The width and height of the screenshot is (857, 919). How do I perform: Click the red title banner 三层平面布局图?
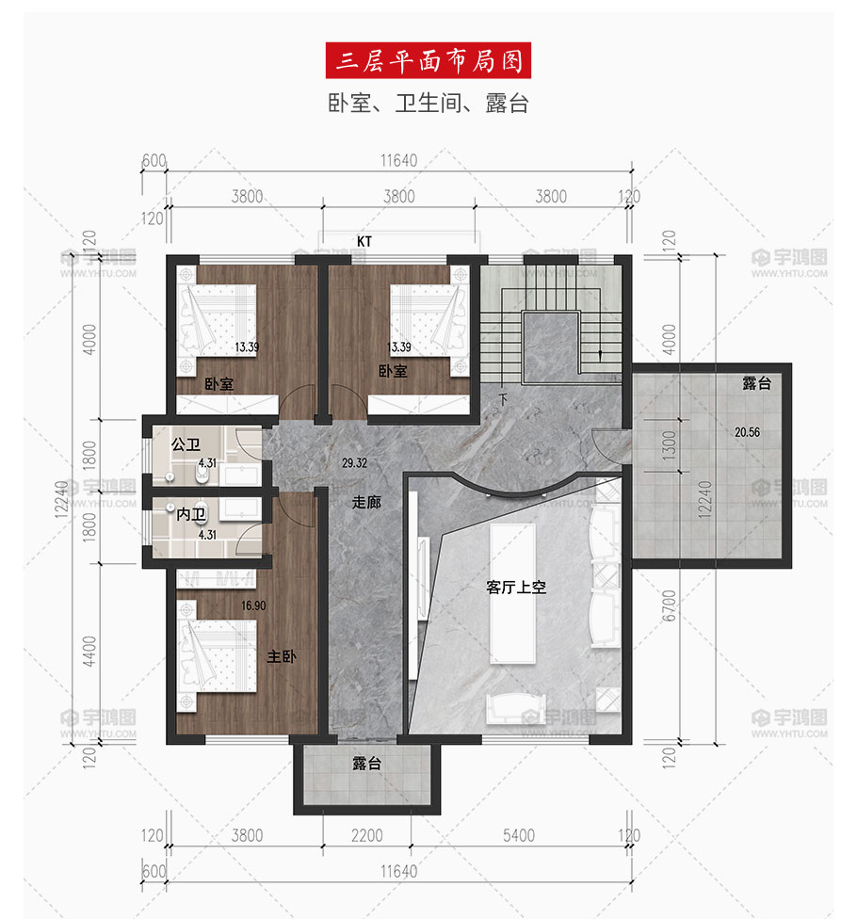pyautogui.click(x=428, y=60)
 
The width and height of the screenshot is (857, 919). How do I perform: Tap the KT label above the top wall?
pyautogui.click(x=364, y=241)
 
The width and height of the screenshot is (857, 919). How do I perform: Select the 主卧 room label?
pyautogui.click(x=282, y=656)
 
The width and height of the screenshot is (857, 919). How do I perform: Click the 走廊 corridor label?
pyautogui.click(x=366, y=502)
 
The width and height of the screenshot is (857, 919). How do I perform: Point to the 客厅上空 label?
pyautogui.click(x=516, y=587)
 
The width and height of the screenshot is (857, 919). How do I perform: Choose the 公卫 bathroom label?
pyautogui.click(x=186, y=444)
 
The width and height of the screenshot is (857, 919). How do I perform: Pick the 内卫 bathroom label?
pyautogui.click(x=191, y=515)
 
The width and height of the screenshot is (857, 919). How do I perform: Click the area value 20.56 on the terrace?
pyautogui.click(x=747, y=432)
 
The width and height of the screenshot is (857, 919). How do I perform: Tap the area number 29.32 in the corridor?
pyautogui.click(x=355, y=463)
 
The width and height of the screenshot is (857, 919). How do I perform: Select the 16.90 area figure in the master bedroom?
pyautogui.click(x=253, y=605)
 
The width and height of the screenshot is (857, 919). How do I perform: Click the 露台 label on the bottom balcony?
pyautogui.click(x=367, y=764)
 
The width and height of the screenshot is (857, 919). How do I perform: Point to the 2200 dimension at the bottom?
pyautogui.click(x=367, y=835)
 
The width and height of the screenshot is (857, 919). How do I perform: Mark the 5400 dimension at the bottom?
pyautogui.click(x=519, y=835)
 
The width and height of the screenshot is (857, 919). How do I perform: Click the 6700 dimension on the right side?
pyautogui.click(x=669, y=605)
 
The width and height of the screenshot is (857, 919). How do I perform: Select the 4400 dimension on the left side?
pyautogui.click(x=89, y=652)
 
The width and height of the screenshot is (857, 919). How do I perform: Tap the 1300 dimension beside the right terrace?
pyautogui.click(x=669, y=445)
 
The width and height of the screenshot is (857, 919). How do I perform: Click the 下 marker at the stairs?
pyautogui.click(x=503, y=400)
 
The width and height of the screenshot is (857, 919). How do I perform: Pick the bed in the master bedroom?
pyautogui.click(x=218, y=656)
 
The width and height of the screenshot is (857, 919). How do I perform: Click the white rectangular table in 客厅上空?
pyautogui.click(x=513, y=594)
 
